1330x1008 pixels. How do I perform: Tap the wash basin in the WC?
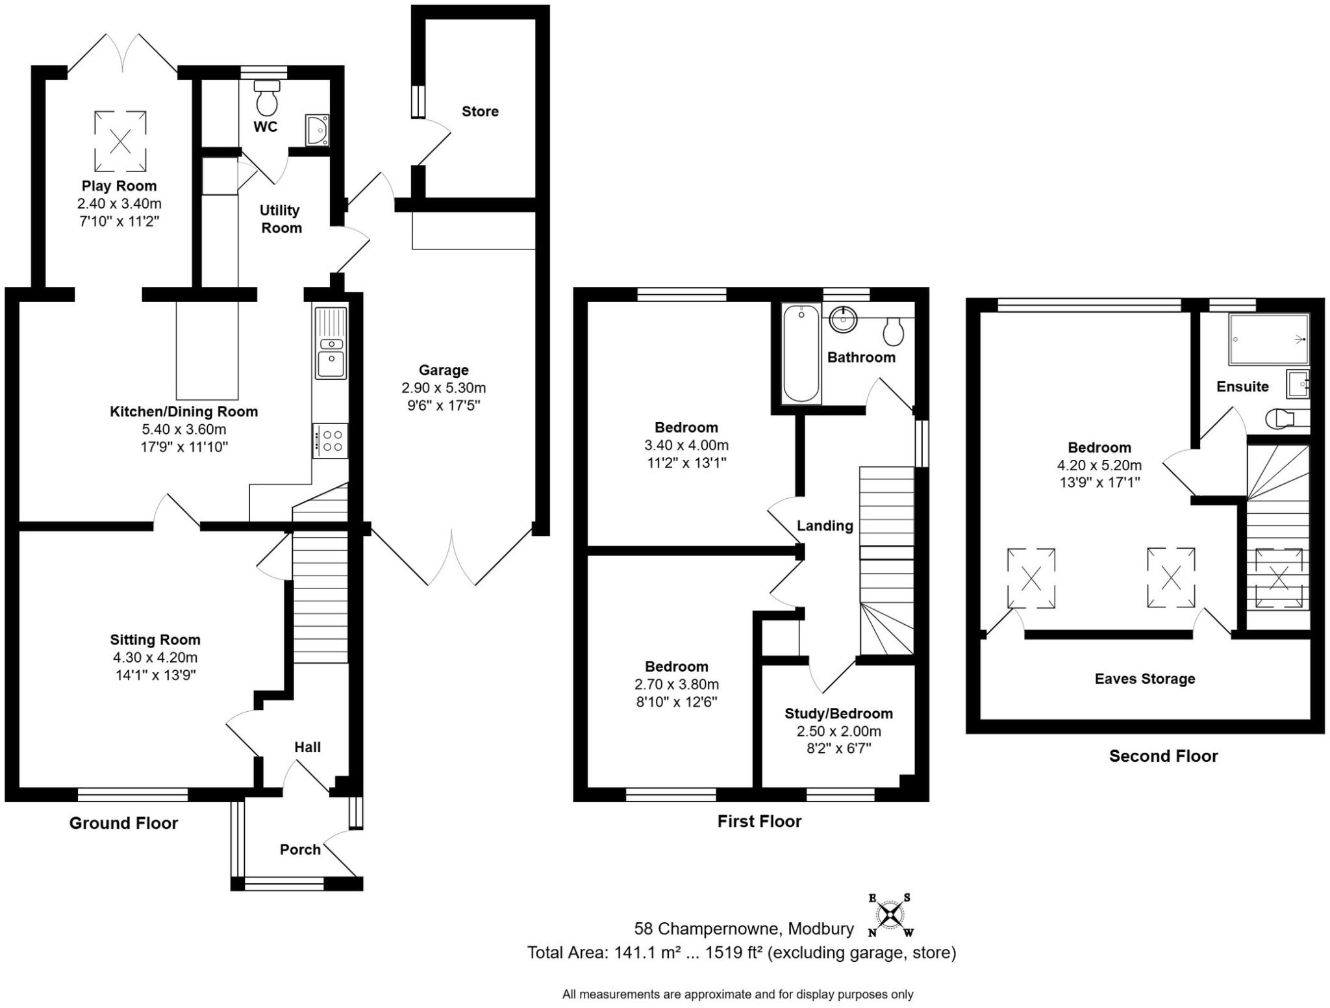[x=318, y=130]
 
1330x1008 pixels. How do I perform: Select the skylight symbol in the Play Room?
[x=120, y=140]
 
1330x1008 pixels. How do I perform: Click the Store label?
[x=480, y=112]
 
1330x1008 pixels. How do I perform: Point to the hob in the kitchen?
[x=331, y=441]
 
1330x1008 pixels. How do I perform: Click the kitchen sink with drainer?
[x=331, y=343]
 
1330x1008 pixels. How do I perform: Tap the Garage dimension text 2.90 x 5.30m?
[x=444, y=388]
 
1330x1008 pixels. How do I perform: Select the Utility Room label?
[x=281, y=219]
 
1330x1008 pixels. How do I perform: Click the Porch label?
[x=300, y=850]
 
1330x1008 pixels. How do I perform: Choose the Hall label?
[x=307, y=748]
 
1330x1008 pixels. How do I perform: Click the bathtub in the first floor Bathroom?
[x=801, y=354]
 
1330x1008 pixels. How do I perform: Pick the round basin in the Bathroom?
[x=844, y=319]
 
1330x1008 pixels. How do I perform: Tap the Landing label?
[x=825, y=525]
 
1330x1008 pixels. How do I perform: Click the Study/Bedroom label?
[x=838, y=714]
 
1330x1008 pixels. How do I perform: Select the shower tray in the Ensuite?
[x=1268, y=339]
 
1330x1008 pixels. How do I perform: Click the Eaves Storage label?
[x=1145, y=679]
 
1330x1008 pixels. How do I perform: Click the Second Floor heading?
[x=1163, y=756]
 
